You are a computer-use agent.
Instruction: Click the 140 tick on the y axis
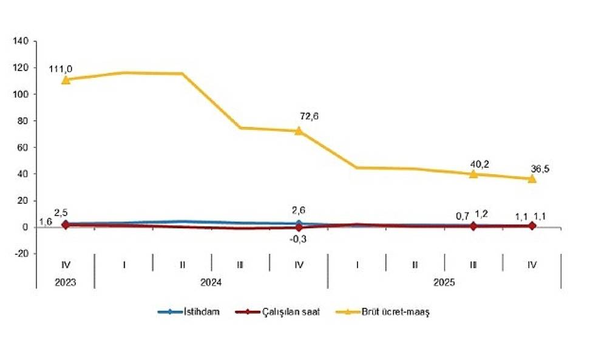click(21, 41)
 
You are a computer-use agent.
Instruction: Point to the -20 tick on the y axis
click(21, 254)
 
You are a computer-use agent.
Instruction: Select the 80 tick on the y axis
click(23, 121)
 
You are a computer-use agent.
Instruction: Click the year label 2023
click(65, 282)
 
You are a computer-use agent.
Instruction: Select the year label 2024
click(211, 282)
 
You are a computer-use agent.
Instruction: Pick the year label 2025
click(444, 282)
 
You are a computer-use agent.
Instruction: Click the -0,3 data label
click(299, 239)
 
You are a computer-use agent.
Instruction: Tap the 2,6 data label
click(299, 211)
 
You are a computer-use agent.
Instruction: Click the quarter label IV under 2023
click(65, 264)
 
